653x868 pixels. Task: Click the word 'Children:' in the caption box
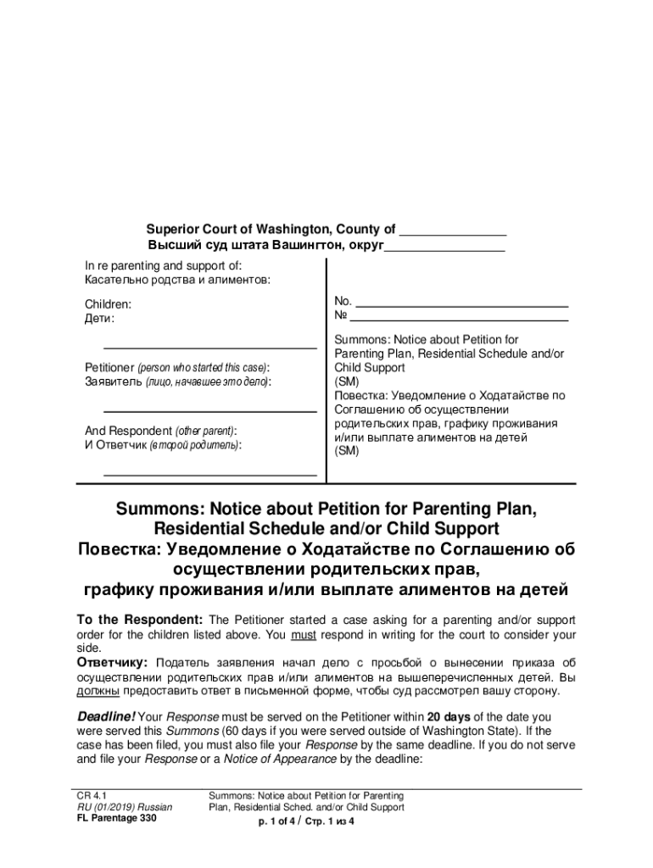(108, 303)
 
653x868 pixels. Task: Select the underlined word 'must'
(302, 634)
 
